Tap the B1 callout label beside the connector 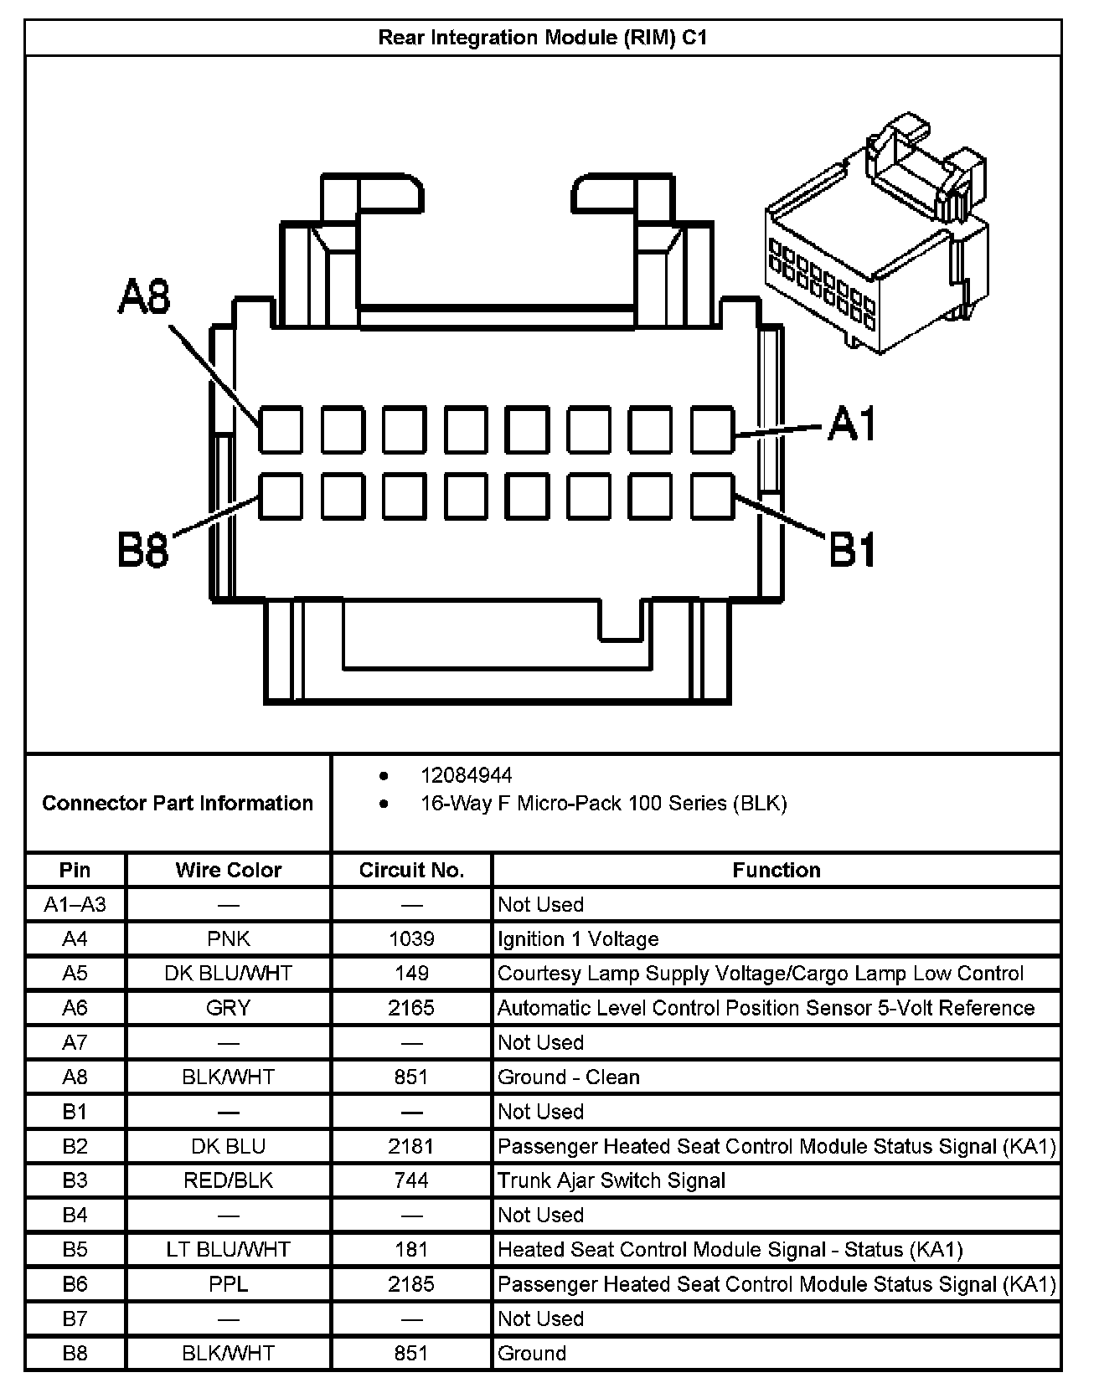coord(852,550)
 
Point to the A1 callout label coord(852,424)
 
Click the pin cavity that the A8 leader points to coord(281,429)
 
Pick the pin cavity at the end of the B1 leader coord(712,496)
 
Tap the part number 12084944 coord(467,775)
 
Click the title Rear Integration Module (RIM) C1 coord(543,38)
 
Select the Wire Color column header coord(228,870)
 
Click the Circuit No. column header coord(411,870)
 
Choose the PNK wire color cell coord(228,938)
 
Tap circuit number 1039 coord(411,938)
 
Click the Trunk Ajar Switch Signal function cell coord(611,1180)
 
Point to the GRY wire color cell coord(228,1008)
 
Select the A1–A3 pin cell coord(75,904)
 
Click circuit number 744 coord(411,1180)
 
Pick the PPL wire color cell coord(228,1283)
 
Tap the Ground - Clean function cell coord(569,1077)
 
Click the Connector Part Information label coord(178,803)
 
